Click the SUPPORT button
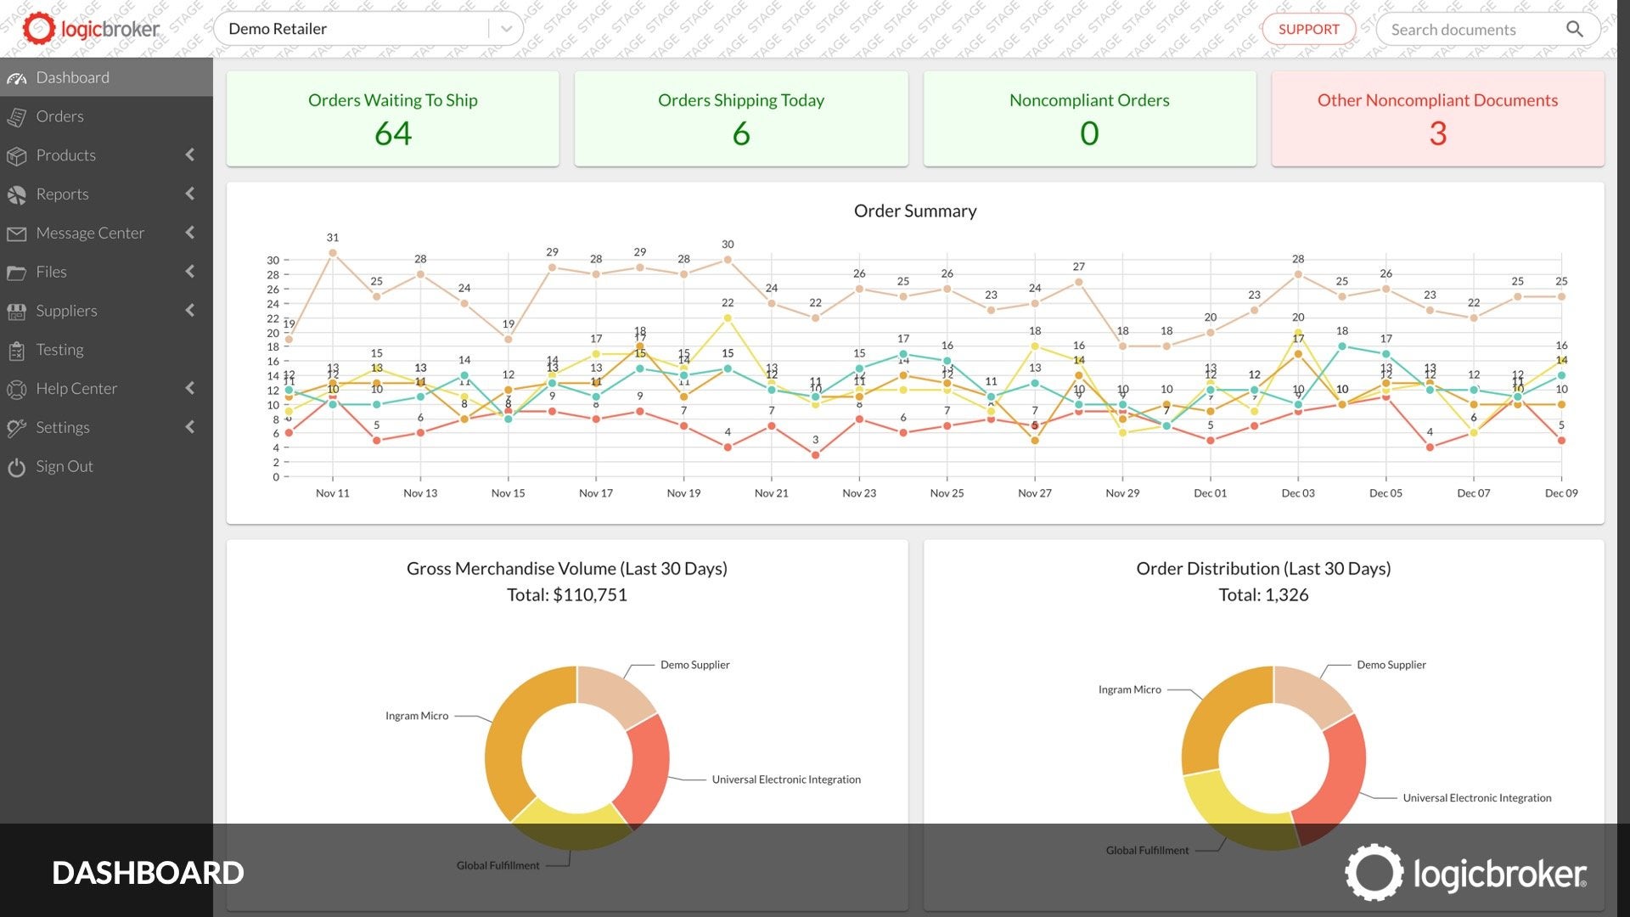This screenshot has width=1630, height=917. (x=1308, y=29)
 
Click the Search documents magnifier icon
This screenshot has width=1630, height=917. (x=1574, y=29)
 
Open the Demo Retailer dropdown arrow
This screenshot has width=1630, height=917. (x=506, y=29)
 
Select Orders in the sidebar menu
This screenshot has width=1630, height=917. (x=59, y=116)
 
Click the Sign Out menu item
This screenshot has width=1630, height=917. (x=64, y=466)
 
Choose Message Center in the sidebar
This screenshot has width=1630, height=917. (x=90, y=233)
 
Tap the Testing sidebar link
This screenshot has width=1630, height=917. (x=59, y=350)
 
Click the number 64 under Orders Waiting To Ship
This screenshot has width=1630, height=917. (x=393, y=133)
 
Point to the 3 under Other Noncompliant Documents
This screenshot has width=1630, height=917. (x=1437, y=133)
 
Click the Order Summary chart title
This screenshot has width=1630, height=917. (x=915, y=211)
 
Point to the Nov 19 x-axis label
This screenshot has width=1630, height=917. (x=683, y=493)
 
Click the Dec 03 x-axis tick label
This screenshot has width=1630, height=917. (x=1298, y=493)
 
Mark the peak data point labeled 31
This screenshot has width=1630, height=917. (x=333, y=253)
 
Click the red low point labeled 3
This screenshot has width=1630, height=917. (x=816, y=455)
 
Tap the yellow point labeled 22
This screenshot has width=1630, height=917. (x=728, y=318)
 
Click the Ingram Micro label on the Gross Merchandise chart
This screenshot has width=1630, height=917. (x=417, y=716)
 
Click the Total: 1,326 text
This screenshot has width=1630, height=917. (x=1263, y=595)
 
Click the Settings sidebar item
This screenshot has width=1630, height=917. (x=62, y=427)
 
